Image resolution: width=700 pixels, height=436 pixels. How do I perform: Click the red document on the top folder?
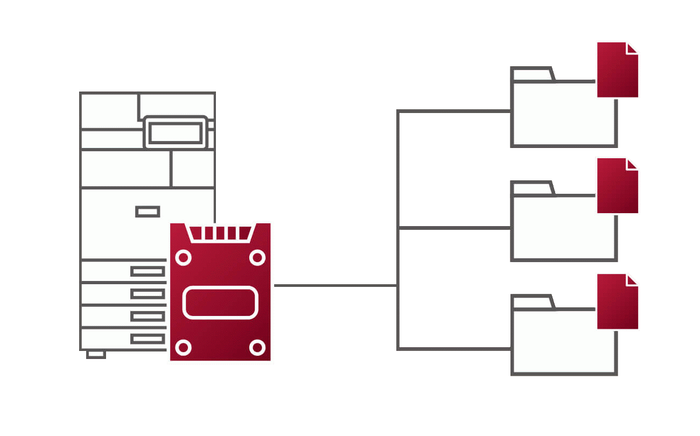click(x=617, y=70)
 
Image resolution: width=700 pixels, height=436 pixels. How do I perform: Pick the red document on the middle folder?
click(x=617, y=186)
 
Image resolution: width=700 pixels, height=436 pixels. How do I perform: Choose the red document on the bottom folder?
click(x=617, y=301)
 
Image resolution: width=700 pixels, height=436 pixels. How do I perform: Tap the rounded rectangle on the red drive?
click(x=220, y=302)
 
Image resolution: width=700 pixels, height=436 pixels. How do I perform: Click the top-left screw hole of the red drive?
click(x=184, y=258)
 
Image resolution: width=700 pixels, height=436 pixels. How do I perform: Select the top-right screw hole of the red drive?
click(x=257, y=258)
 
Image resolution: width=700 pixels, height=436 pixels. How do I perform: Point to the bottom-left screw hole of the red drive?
click(x=184, y=347)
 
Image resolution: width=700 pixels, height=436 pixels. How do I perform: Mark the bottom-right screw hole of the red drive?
click(x=257, y=347)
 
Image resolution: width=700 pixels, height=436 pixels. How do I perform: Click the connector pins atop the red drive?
click(x=220, y=233)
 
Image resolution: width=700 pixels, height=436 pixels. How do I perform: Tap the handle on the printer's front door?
click(x=148, y=212)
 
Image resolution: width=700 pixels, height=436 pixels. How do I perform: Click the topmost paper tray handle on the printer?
click(x=148, y=271)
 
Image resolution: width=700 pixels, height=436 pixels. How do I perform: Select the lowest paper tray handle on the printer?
click(x=148, y=339)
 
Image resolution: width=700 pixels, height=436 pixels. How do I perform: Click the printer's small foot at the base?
click(x=96, y=354)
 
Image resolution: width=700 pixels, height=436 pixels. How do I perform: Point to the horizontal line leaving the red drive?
click(x=334, y=285)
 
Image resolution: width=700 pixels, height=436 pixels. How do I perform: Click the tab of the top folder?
click(x=532, y=74)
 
